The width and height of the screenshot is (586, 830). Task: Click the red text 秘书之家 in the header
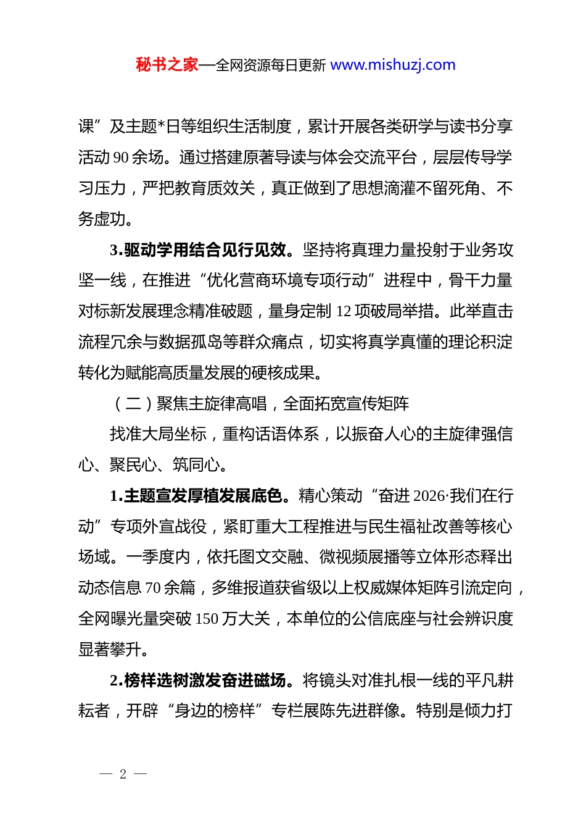(x=167, y=65)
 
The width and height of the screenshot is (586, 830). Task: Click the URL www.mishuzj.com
(x=393, y=65)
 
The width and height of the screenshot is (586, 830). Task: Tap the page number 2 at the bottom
(x=123, y=774)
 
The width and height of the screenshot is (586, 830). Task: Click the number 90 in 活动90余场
(x=122, y=157)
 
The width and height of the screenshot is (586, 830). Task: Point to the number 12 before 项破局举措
(x=344, y=311)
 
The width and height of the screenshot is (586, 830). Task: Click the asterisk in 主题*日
(x=162, y=127)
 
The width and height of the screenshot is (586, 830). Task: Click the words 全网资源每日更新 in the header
(x=271, y=65)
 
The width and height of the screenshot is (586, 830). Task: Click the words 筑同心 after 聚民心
(x=197, y=465)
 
